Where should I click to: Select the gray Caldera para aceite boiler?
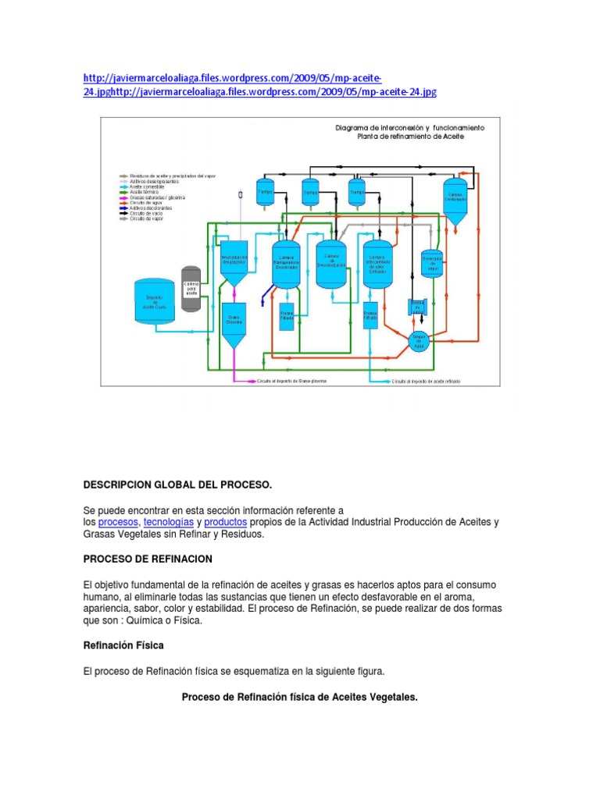pyautogui.click(x=191, y=289)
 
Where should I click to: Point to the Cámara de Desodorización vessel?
pyautogui.click(x=330, y=264)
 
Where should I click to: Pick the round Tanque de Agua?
pyautogui.click(x=420, y=340)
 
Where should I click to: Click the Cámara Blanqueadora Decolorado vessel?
pyautogui.click(x=286, y=265)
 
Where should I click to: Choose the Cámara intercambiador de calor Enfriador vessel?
pyautogui.click(x=377, y=263)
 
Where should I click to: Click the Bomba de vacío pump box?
pyautogui.click(x=418, y=307)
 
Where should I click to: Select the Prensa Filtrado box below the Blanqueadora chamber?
pyautogui.click(x=286, y=317)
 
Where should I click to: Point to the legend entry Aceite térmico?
pyautogui.click(x=144, y=190)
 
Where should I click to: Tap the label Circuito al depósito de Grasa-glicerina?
pyautogui.click(x=292, y=382)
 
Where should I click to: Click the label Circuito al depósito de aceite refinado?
pyautogui.click(x=425, y=382)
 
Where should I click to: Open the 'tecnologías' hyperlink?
pyautogui.click(x=167, y=521)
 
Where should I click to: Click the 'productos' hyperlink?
pyautogui.click(x=225, y=521)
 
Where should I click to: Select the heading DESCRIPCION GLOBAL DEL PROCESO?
pyautogui.click(x=177, y=485)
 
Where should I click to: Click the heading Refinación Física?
pyautogui.click(x=123, y=646)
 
